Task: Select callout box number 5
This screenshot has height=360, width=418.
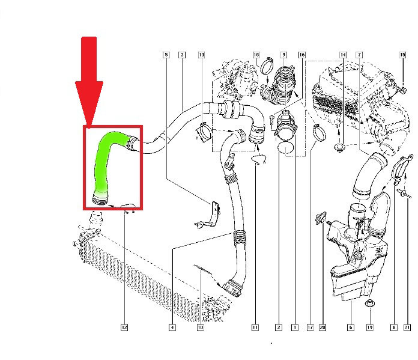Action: (x=166, y=55)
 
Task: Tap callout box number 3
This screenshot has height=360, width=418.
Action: (x=181, y=55)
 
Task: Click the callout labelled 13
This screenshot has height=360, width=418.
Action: (x=201, y=55)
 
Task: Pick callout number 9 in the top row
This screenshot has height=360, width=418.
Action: (x=283, y=55)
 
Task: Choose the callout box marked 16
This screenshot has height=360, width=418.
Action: (x=302, y=55)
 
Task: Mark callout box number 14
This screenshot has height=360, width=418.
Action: (x=343, y=55)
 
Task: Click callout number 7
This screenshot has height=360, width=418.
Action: (x=359, y=55)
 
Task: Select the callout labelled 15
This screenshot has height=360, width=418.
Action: (x=402, y=55)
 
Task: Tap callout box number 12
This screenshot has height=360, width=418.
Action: (x=124, y=328)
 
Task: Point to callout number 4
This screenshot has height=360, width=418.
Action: (x=172, y=328)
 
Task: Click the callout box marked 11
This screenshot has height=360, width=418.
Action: (x=255, y=328)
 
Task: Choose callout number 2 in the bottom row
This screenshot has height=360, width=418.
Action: (x=279, y=328)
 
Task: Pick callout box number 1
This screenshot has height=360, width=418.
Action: (x=294, y=328)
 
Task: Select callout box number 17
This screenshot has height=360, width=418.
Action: (x=310, y=328)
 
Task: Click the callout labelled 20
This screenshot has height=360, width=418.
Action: (x=323, y=328)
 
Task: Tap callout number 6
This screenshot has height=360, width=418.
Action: (x=350, y=328)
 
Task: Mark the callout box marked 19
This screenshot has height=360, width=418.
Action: (x=370, y=328)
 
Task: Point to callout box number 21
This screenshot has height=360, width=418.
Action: (x=407, y=328)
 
